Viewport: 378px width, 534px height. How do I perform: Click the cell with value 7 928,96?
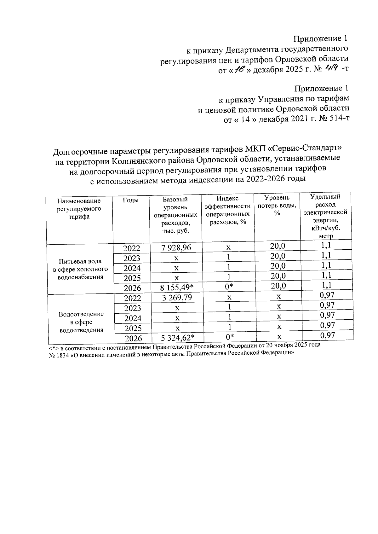[176, 248]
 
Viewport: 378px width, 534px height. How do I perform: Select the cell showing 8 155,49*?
[177, 287]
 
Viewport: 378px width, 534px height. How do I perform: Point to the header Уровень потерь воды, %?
[277, 205]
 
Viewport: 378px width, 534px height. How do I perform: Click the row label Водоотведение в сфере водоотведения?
[81, 322]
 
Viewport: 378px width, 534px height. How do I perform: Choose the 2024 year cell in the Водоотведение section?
[133, 318]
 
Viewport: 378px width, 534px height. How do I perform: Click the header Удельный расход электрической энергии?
[325, 216]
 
